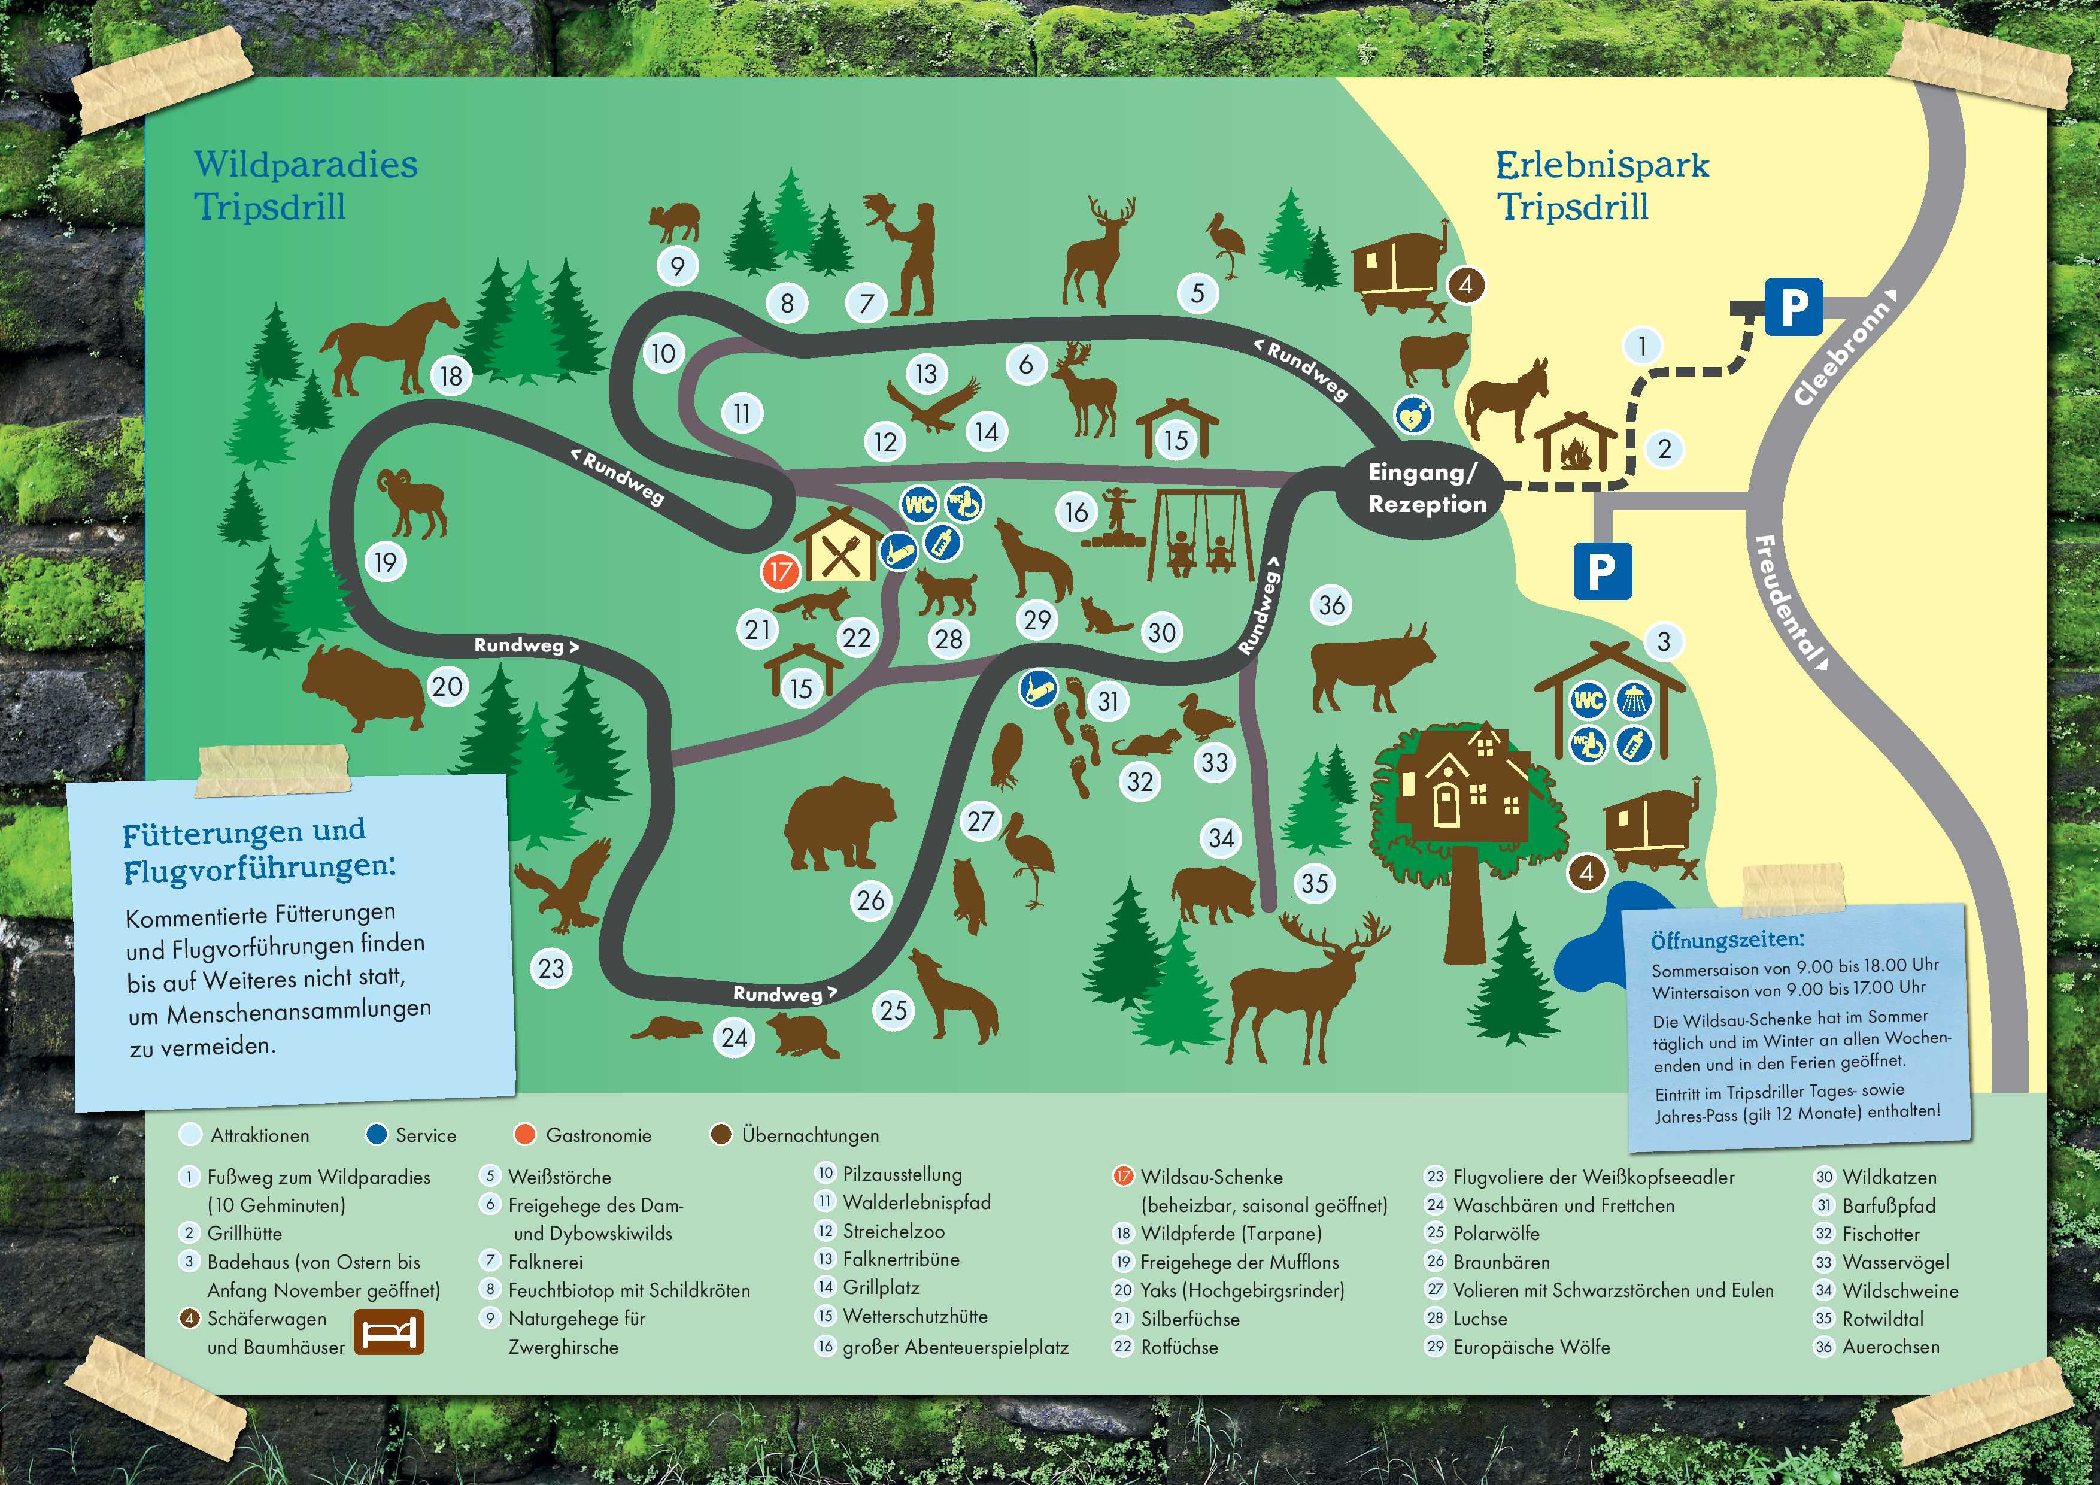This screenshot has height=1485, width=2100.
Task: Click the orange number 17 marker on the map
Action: (780, 573)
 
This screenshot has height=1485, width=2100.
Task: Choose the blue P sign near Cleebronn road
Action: (1793, 307)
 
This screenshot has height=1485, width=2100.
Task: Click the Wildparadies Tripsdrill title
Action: (305, 185)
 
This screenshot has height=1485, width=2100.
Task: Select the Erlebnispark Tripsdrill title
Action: (1601, 185)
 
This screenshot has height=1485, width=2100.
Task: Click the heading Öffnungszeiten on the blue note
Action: (1728, 940)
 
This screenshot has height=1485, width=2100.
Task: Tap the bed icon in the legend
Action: (389, 1332)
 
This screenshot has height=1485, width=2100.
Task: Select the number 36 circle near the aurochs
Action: (1332, 605)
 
